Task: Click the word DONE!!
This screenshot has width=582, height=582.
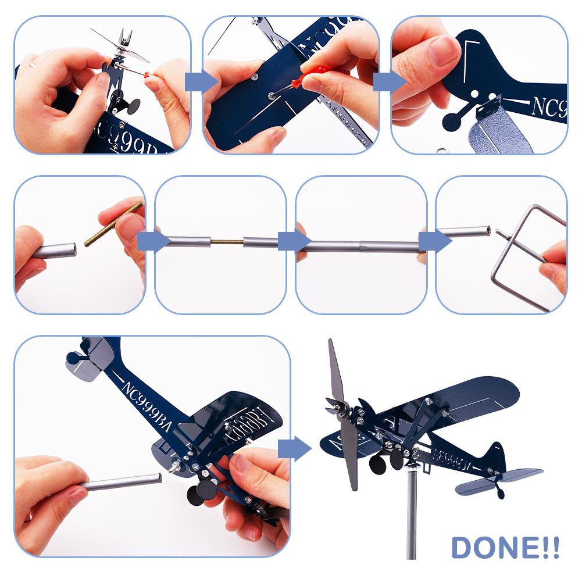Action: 505,548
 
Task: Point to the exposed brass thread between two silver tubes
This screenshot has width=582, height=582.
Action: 227,241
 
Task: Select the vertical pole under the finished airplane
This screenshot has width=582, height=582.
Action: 412,512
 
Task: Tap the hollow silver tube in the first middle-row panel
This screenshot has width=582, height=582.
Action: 55,252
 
